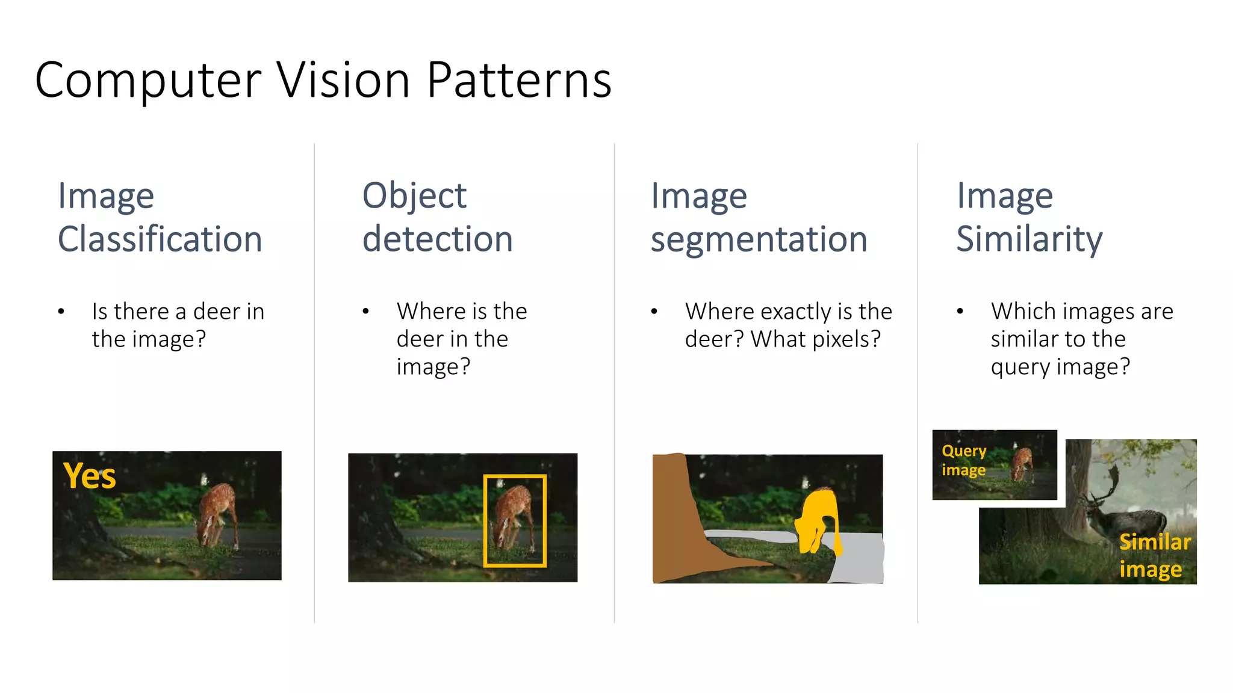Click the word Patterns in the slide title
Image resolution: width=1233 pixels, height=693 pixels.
point(519,81)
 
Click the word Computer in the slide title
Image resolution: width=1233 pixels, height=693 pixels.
point(148,81)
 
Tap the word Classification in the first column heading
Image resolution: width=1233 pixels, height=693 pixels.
point(160,239)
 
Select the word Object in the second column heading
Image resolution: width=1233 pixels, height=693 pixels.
point(414,196)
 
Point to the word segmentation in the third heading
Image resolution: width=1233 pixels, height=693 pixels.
point(759,239)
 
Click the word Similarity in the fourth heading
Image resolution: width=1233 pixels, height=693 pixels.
point(1030,239)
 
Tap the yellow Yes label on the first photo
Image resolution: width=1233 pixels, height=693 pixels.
point(90,476)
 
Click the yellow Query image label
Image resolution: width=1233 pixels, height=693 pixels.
point(964,460)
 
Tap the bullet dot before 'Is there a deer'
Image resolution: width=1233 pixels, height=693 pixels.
point(61,312)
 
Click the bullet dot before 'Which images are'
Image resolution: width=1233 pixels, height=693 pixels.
point(960,312)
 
